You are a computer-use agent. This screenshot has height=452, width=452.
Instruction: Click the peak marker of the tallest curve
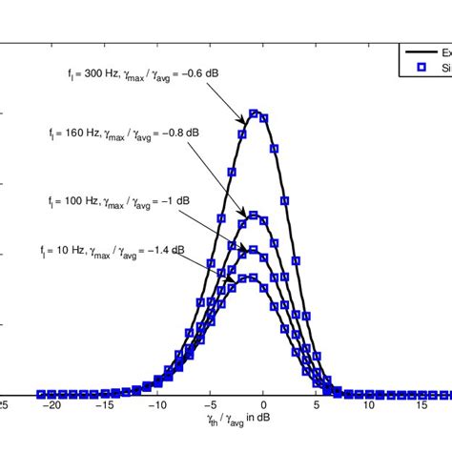[254, 113]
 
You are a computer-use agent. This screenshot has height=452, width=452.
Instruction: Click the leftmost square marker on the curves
[41, 394]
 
